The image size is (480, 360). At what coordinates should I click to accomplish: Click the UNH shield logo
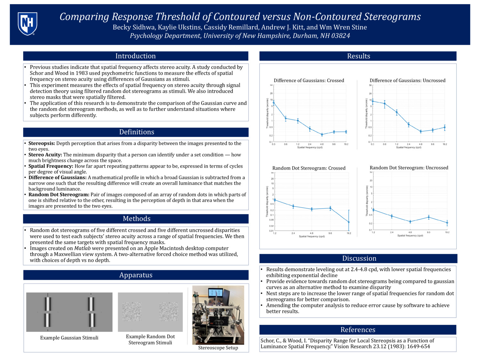pos(28,23)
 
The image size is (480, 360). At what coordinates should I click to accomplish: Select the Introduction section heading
pos(135,56)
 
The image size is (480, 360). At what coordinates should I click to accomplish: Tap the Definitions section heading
pos(137,132)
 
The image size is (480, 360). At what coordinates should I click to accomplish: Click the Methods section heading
pos(137,219)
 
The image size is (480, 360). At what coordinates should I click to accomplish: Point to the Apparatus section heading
pos(136,275)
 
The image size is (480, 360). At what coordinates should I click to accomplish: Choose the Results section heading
pos(358,56)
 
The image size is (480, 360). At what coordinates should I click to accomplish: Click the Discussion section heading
pos(359,258)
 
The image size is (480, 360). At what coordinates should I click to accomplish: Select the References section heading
pos(358,330)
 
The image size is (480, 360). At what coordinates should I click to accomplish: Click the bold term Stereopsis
pos(42,143)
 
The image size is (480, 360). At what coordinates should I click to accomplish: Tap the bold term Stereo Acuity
pos(45,155)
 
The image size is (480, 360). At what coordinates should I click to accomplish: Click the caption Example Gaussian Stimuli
pos(69,338)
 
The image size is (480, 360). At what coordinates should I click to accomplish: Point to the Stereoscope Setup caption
pos(218,348)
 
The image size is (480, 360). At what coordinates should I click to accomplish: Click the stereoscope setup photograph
pos(218,315)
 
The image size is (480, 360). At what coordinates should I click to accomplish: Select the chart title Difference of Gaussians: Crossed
pos(309,80)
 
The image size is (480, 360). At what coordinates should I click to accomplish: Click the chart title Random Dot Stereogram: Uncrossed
pos(409,168)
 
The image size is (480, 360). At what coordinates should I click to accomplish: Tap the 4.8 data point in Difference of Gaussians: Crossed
pos(322,135)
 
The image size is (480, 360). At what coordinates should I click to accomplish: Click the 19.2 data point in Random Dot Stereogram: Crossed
pos(349,222)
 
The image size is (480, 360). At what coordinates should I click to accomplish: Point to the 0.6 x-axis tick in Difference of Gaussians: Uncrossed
pos(385,144)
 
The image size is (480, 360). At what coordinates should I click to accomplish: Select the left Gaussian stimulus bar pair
pos(47,312)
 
